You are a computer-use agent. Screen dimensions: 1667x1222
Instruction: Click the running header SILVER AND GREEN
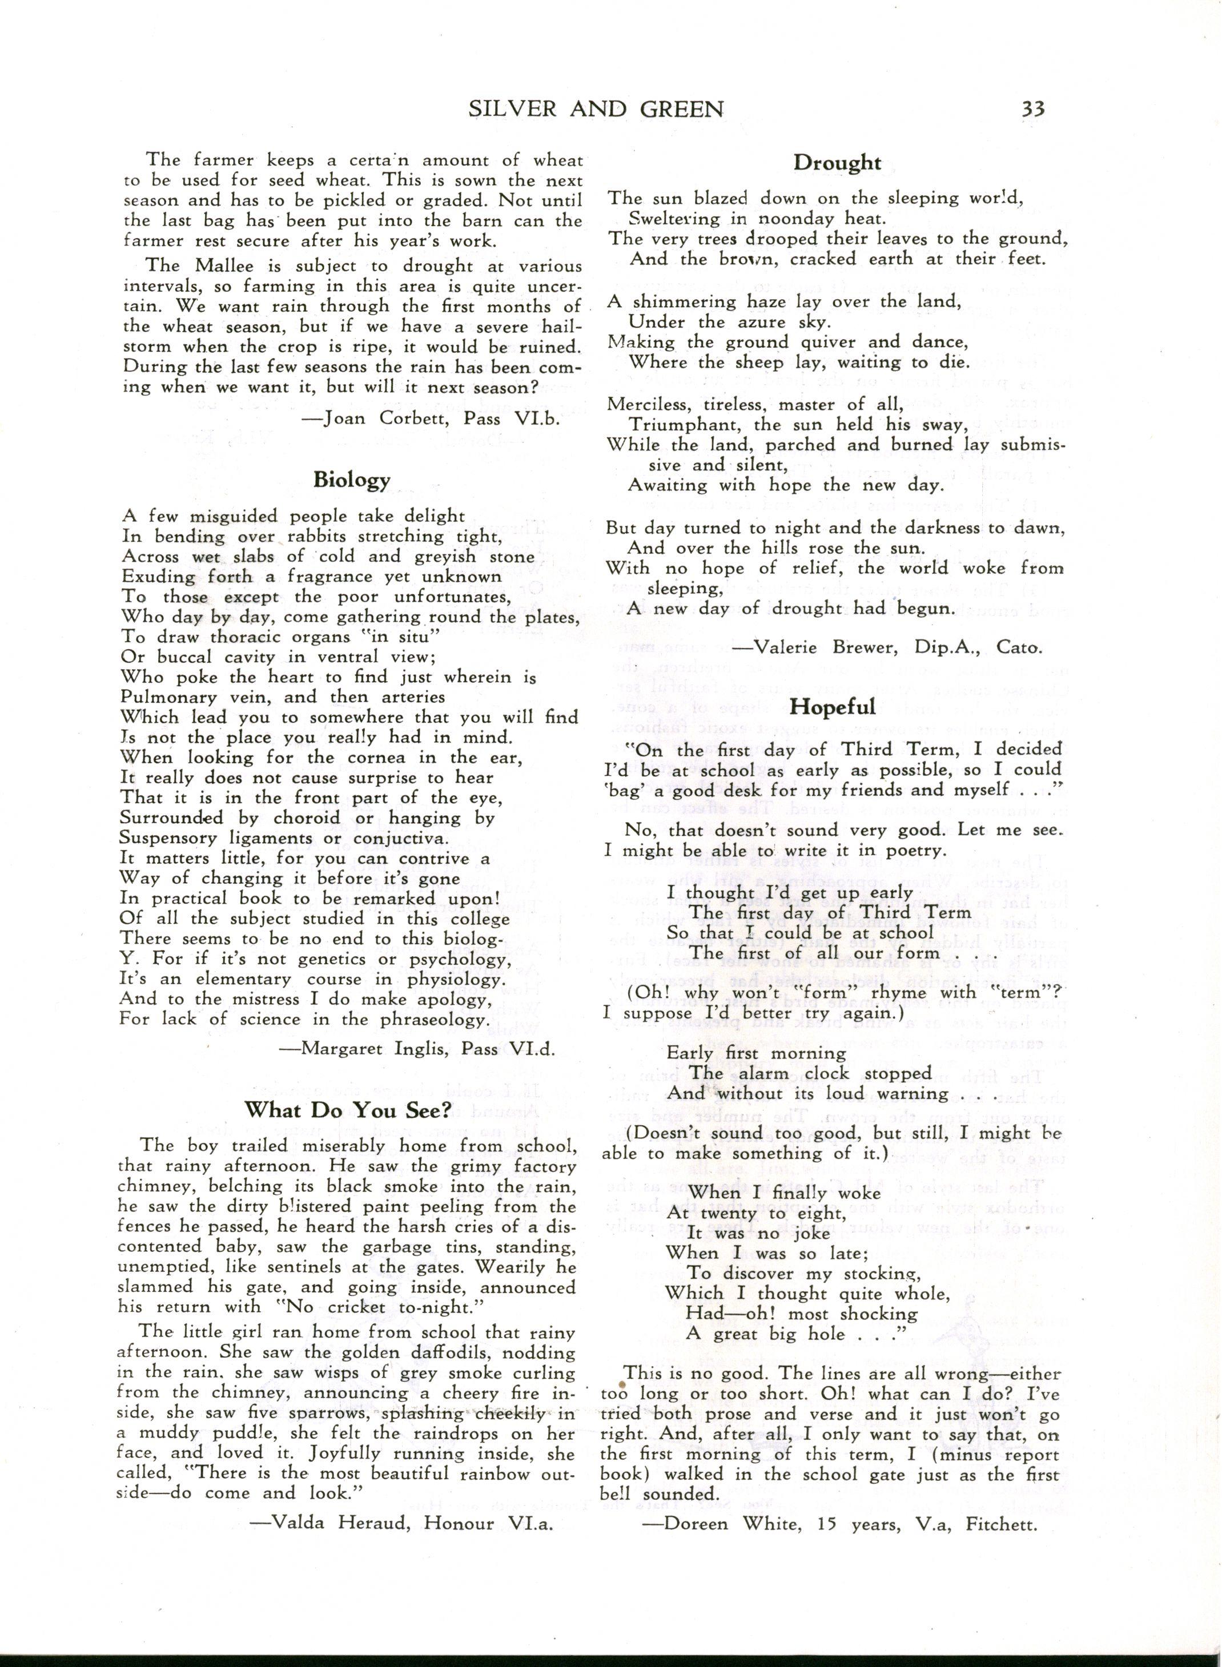[596, 110]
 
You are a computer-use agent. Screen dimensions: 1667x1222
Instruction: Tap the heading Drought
[837, 163]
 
